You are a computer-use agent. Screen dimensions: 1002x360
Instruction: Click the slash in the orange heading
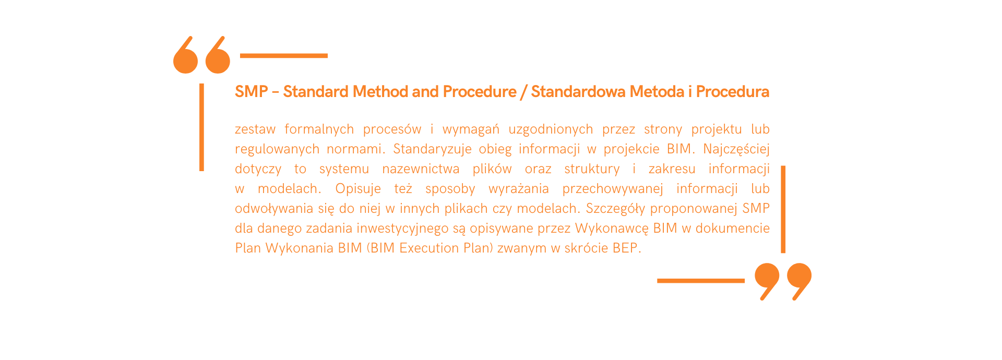(x=523, y=92)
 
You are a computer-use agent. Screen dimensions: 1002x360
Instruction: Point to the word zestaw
(x=255, y=129)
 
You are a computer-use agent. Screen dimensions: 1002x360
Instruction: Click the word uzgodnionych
(x=551, y=130)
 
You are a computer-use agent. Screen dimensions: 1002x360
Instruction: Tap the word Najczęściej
(x=736, y=150)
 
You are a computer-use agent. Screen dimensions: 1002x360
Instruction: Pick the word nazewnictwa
(x=421, y=169)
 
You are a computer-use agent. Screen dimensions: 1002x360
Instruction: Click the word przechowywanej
(x=613, y=189)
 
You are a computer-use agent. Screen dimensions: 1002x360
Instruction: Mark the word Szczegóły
(x=616, y=209)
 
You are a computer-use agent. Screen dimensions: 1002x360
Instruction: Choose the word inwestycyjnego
(x=402, y=229)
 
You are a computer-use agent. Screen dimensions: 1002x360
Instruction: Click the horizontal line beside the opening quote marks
(x=284, y=55)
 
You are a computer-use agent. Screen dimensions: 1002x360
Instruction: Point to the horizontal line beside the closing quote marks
(x=701, y=281)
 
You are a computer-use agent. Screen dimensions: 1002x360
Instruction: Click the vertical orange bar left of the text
(x=201, y=127)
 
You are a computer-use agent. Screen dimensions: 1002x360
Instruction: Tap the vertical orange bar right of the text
(x=783, y=209)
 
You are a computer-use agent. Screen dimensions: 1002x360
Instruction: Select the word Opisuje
(x=358, y=189)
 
